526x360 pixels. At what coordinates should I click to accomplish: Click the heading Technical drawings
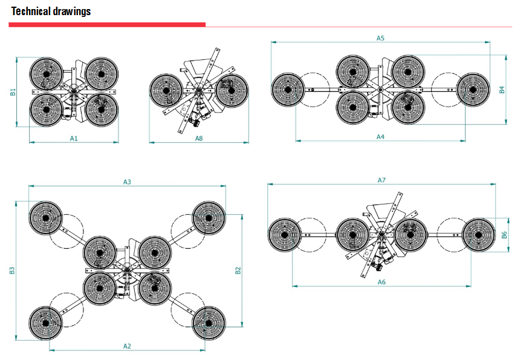[51, 11]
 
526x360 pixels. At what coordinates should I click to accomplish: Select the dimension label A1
[74, 138]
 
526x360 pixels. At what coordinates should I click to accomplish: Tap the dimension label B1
[13, 92]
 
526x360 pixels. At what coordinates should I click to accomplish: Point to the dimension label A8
[199, 138]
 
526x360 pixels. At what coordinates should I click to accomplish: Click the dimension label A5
[380, 38]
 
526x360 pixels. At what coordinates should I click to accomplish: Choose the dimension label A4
[380, 137]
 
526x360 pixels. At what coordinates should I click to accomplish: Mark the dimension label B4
[502, 90]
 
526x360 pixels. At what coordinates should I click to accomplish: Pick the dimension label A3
[127, 182]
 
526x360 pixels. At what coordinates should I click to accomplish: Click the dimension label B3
[12, 270]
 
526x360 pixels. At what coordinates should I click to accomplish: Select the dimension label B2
[238, 270]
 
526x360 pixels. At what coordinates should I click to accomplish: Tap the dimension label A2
[127, 346]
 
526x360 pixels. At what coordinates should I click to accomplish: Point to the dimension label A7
[382, 180]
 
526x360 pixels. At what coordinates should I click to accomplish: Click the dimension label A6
[382, 282]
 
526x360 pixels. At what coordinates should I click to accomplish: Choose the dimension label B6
[504, 235]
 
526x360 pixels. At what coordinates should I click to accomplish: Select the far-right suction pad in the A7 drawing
[479, 234]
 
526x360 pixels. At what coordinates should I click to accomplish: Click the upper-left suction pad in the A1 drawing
[46, 73]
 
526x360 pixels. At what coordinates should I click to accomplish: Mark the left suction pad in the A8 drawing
[166, 91]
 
